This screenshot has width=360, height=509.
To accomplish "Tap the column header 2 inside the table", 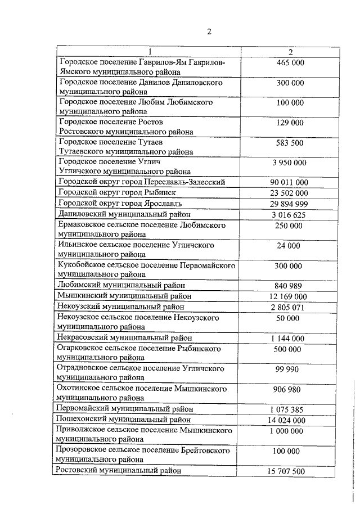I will coord(290,52).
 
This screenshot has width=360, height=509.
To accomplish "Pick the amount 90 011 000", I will coord(290,183).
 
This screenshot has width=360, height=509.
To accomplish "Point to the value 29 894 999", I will coord(290,203).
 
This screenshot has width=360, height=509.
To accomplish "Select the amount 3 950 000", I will coord(290,163).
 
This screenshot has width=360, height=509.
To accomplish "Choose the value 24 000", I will coord(290,246).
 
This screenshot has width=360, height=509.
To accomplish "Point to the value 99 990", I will coord(290,369).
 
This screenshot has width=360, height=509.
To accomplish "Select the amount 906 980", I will coord(290,389).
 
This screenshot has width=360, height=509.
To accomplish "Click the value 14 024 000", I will coord(290,420).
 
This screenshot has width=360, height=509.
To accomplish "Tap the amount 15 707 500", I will coord(290,471).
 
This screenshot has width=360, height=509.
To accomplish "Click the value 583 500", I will coord(290,143).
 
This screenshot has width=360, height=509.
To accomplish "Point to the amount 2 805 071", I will coord(290,307).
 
